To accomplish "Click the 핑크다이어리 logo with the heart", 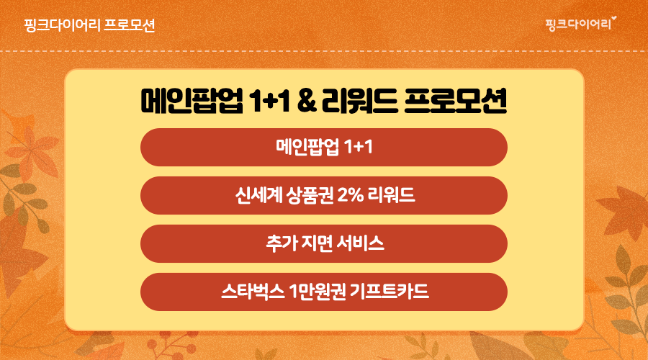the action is click(580, 23).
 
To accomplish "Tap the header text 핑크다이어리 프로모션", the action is click(89, 25).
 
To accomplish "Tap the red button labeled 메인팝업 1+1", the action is click(323, 147).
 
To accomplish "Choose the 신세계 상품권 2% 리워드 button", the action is click(323, 196).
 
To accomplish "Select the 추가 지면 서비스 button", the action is click(323, 243).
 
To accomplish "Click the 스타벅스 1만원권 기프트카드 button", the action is click(323, 292).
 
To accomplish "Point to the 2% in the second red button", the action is click(351, 195).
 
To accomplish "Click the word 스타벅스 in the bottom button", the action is click(253, 292).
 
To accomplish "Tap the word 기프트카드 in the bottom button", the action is click(389, 292).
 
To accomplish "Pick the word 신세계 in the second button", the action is click(258, 195).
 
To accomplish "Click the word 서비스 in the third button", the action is click(360, 243).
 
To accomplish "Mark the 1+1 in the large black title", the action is click(269, 102).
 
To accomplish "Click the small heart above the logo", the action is click(613, 18).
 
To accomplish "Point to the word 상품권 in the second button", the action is click(310, 195).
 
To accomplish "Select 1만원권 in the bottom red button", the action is click(318, 292).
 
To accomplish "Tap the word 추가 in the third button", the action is click(281, 243).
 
